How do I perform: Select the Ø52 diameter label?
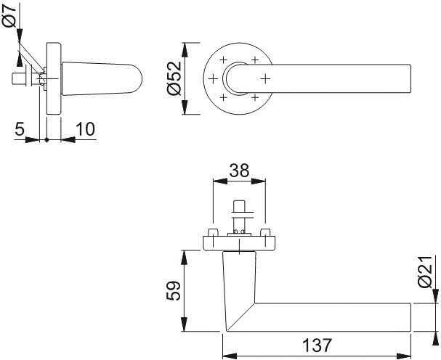click(x=174, y=78)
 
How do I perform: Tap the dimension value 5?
click(x=20, y=129)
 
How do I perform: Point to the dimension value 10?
click(x=86, y=129)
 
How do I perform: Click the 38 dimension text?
click(x=239, y=171)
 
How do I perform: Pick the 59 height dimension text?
click(x=173, y=290)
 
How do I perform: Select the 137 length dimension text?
click(x=317, y=345)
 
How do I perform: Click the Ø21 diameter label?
click(x=425, y=271)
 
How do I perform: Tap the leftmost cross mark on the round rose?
click(x=213, y=78)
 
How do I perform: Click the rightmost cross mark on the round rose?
click(x=265, y=78)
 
